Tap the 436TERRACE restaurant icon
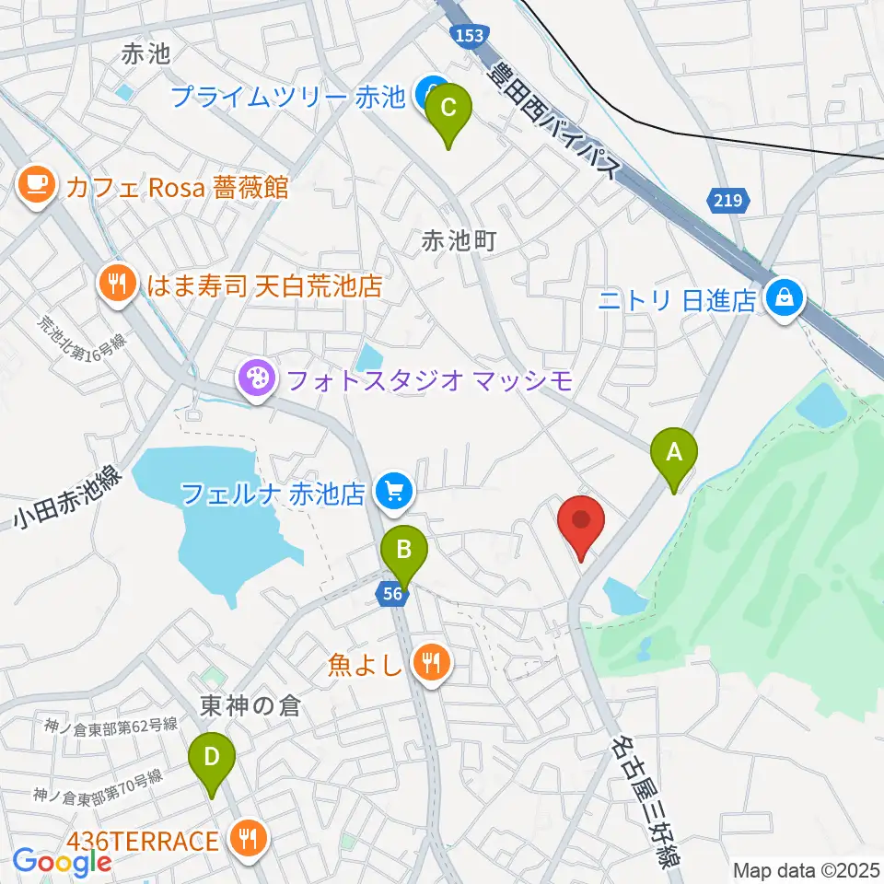click(247, 839)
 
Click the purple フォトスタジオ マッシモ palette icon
click(252, 378)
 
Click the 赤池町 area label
click(459, 241)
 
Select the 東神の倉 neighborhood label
click(238, 706)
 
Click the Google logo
click(62, 862)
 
